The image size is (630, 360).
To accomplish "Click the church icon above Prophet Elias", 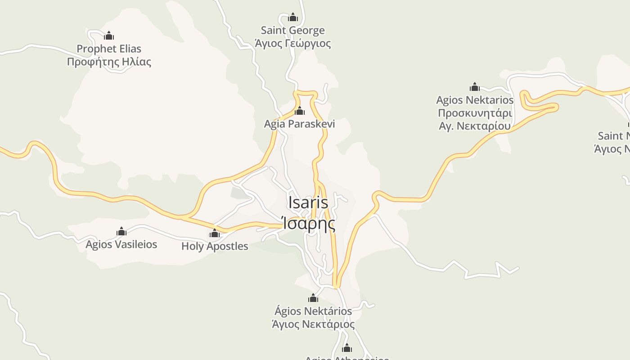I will pyautogui.click(x=109, y=36).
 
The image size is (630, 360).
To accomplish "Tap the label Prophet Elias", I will pyautogui.click(x=109, y=49).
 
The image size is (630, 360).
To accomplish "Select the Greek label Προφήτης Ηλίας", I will pyautogui.click(x=109, y=62).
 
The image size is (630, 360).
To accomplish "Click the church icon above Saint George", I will pyautogui.click(x=293, y=17).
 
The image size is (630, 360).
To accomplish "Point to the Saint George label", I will pyautogui.click(x=293, y=31).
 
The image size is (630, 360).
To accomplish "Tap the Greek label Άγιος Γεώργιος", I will pyautogui.click(x=293, y=44).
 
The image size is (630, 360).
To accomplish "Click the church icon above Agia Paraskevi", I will pyautogui.click(x=300, y=111).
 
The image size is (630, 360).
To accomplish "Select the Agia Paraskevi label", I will pyautogui.click(x=300, y=124).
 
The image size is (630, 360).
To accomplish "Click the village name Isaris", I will pyautogui.click(x=308, y=202).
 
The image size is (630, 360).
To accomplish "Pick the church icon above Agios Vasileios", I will pyautogui.click(x=121, y=232).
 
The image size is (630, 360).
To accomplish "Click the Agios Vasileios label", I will pyautogui.click(x=121, y=244).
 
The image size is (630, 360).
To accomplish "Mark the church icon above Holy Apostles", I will pyautogui.click(x=215, y=233).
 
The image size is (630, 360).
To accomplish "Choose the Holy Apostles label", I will pyautogui.click(x=215, y=246).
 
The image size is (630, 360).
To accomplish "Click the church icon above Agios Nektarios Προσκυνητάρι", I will pyautogui.click(x=475, y=87).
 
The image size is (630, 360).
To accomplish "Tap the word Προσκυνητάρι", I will pyautogui.click(x=475, y=113).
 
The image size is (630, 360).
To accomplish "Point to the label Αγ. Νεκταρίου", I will pyautogui.click(x=475, y=126).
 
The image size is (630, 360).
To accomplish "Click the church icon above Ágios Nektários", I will pyautogui.click(x=313, y=298).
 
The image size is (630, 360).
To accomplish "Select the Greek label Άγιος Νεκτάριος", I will pyautogui.click(x=313, y=324).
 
